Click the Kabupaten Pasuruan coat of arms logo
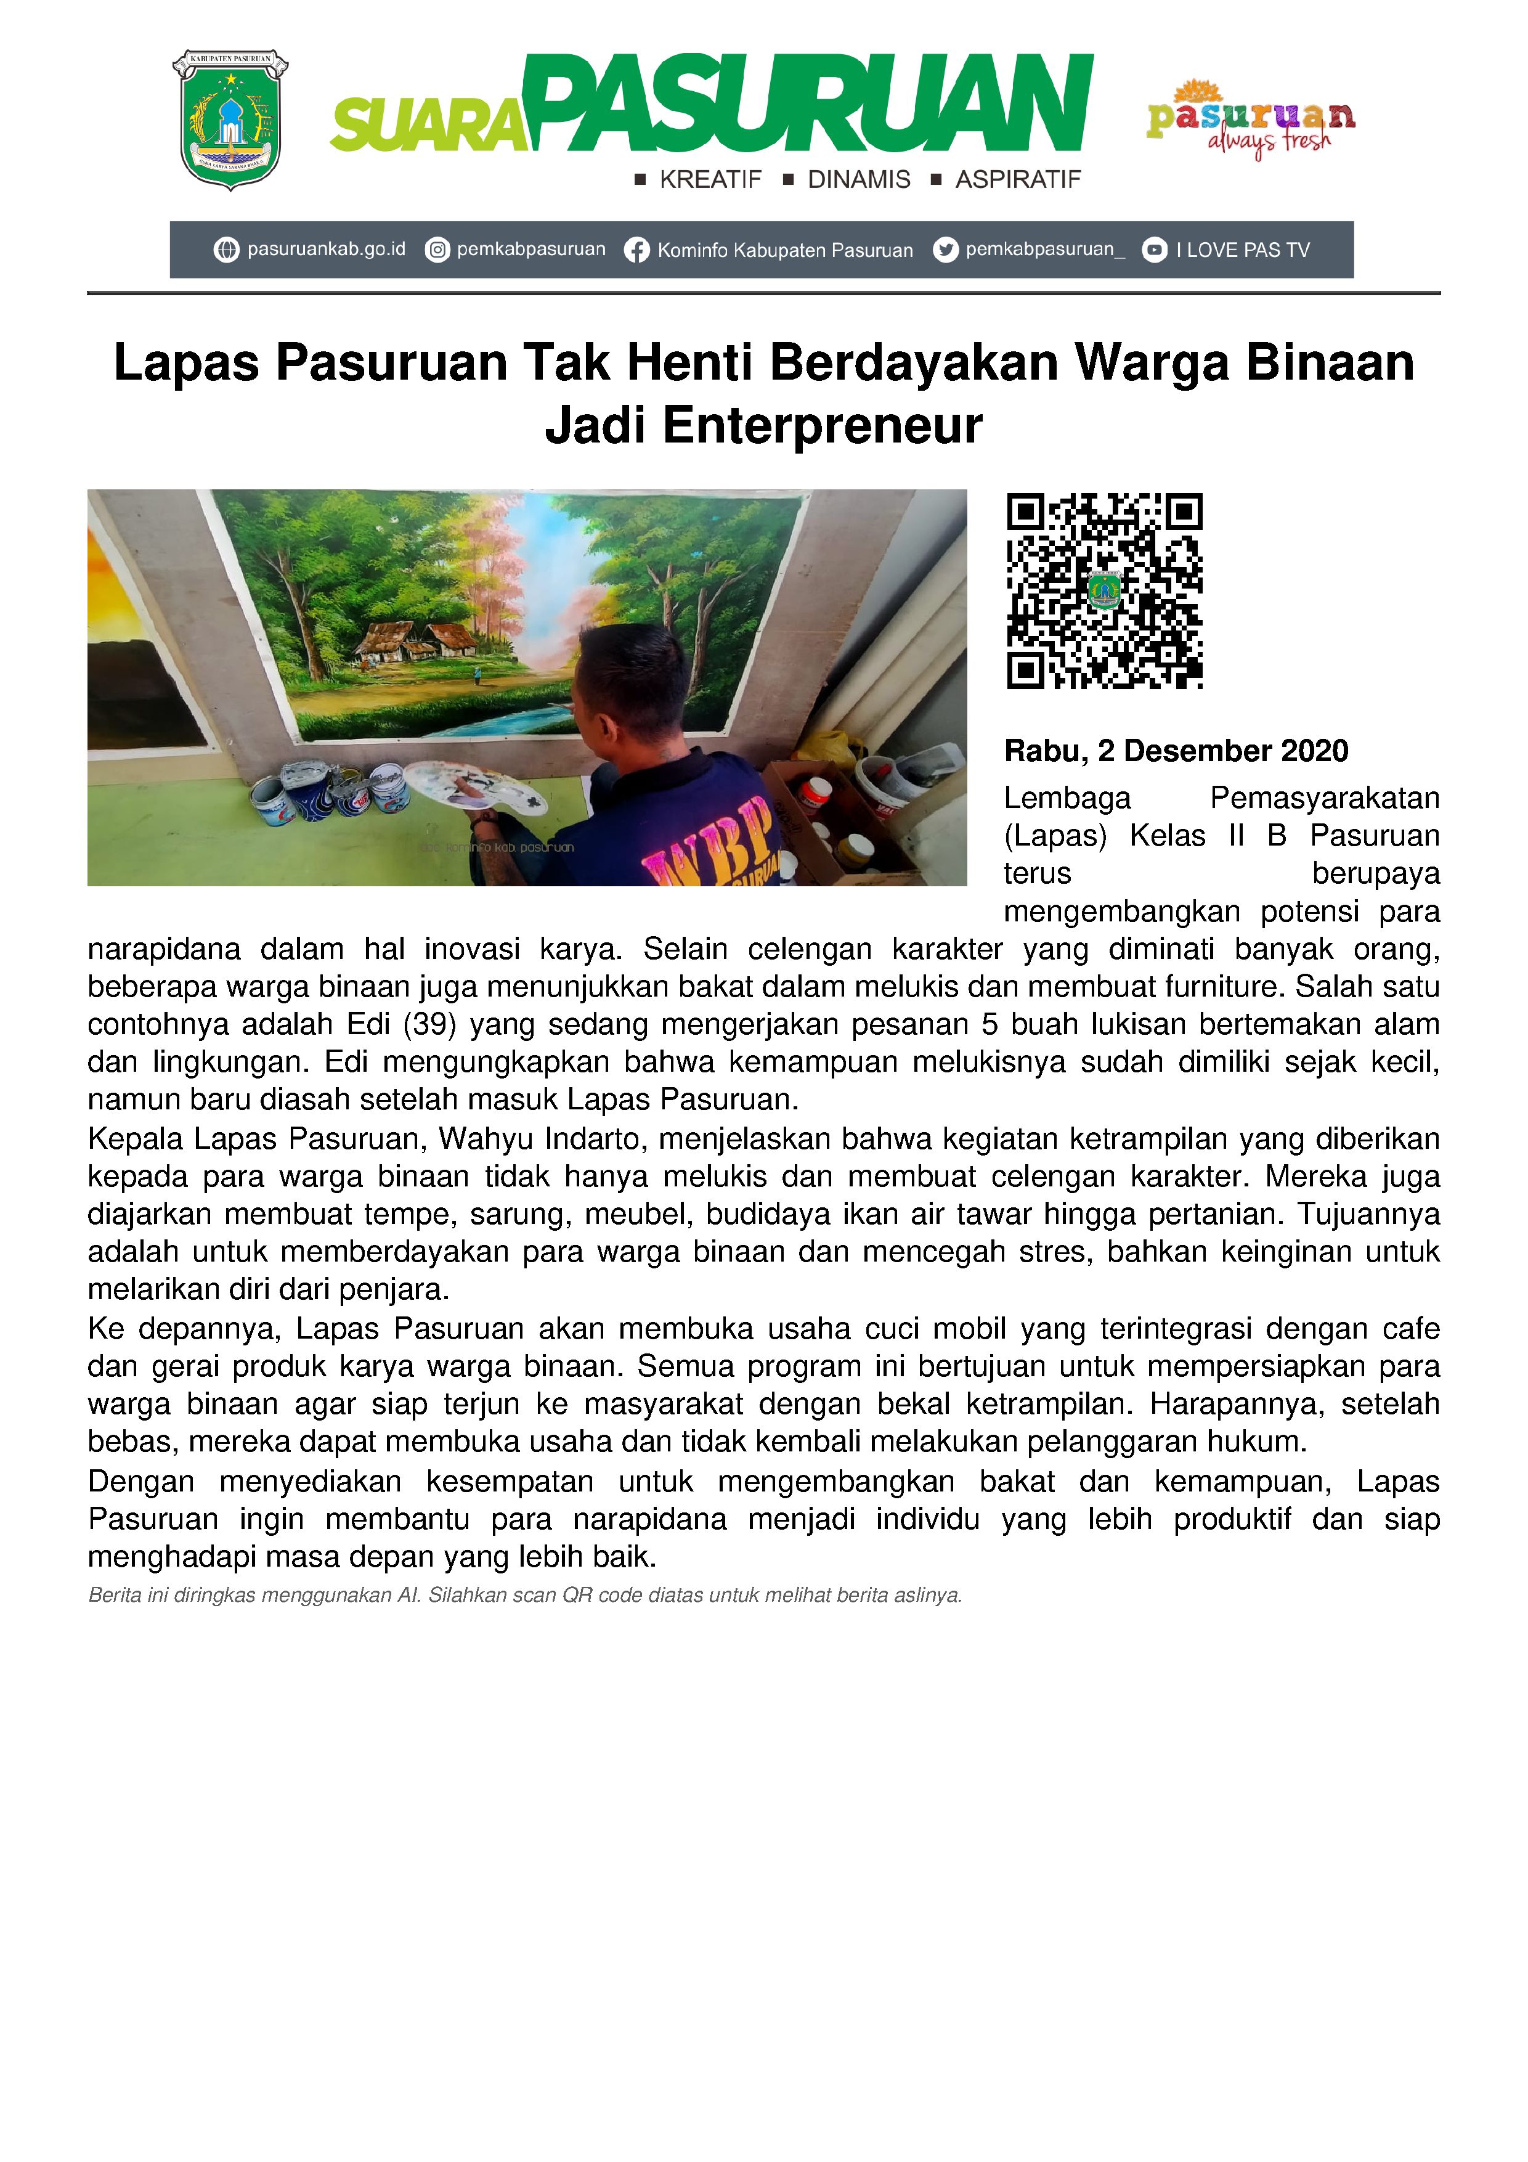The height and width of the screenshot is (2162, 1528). pyautogui.click(x=230, y=120)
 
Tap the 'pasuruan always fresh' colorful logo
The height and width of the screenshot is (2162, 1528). pyautogui.click(x=1250, y=120)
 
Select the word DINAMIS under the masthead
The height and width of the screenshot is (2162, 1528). pyautogui.click(x=859, y=180)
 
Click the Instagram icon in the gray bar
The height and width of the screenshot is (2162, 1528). pyautogui.click(x=437, y=250)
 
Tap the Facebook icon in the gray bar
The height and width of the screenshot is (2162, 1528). pyautogui.click(x=636, y=250)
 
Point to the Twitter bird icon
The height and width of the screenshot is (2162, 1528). pyautogui.click(x=945, y=250)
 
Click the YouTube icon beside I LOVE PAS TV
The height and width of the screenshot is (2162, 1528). pyautogui.click(x=1154, y=250)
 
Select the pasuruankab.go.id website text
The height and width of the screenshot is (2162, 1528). pyautogui.click(x=326, y=250)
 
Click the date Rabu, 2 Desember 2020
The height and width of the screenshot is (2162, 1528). pyautogui.click(x=1176, y=751)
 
